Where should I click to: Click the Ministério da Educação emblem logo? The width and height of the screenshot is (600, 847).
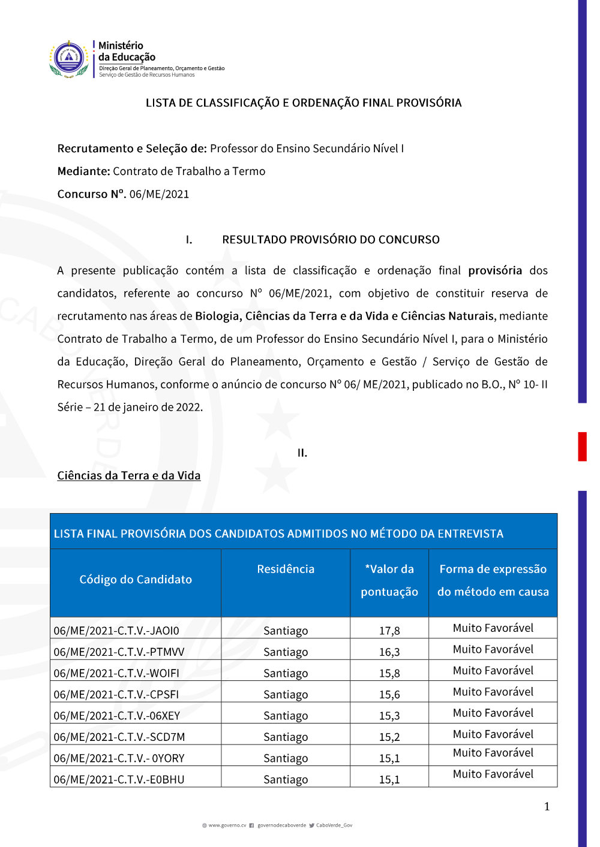tap(69, 59)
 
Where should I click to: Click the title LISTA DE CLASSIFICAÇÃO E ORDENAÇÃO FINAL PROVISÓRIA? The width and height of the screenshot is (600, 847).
tap(304, 103)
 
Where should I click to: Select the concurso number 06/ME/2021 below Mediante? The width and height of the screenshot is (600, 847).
tap(159, 194)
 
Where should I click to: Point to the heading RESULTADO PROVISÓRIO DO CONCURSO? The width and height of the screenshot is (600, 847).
tap(331, 240)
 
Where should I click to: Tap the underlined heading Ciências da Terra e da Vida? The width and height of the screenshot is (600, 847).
tap(129, 475)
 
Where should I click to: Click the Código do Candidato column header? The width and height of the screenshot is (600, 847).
tap(136, 580)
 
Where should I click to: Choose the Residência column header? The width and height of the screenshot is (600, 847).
tap(286, 569)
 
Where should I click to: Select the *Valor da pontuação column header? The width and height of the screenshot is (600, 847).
tap(389, 580)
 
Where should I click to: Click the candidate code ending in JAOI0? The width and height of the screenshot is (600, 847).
tap(116, 631)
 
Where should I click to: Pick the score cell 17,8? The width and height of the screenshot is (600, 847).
tap(389, 631)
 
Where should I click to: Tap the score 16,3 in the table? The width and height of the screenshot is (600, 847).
tap(389, 652)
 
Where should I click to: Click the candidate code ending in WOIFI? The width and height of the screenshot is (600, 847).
tap(116, 673)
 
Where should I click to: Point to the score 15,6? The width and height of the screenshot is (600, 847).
tap(389, 694)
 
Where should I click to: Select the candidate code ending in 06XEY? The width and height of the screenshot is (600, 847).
tap(117, 716)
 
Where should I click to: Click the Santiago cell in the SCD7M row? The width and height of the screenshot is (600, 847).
tap(286, 737)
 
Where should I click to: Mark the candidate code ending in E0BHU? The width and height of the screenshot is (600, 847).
tap(119, 779)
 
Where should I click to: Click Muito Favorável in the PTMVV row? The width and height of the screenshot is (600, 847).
tap(493, 649)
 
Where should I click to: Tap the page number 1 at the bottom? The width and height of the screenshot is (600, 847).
tap(547, 806)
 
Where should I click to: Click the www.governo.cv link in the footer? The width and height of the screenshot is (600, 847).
tap(227, 825)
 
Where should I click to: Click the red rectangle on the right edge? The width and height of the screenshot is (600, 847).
tap(582, 447)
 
